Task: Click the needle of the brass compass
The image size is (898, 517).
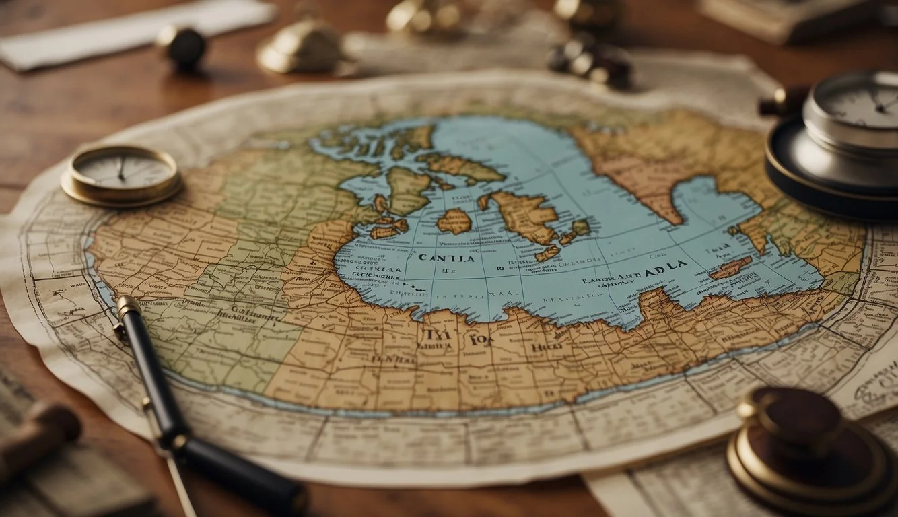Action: (x=121, y=169)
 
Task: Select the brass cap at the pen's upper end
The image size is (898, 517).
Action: (x=128, y=307)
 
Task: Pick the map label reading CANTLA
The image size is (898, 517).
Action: (x=446, y=258)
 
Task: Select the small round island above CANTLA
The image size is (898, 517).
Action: (x=454, y=221)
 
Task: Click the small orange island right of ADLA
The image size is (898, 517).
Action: (x=730, y=267)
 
